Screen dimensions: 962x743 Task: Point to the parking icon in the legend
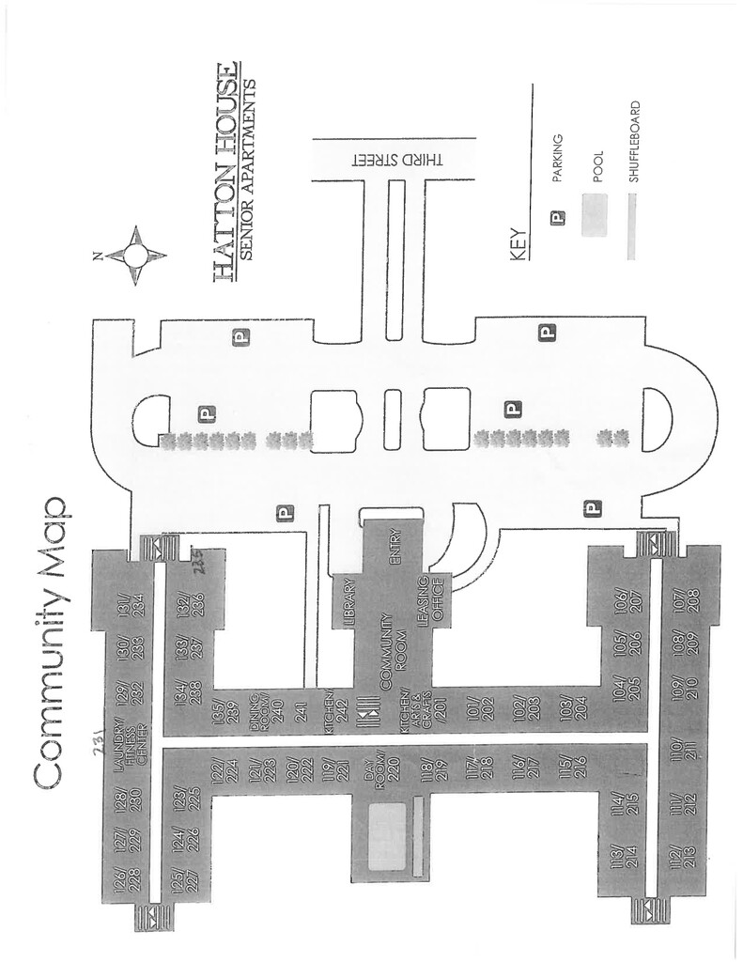[558, 218]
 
